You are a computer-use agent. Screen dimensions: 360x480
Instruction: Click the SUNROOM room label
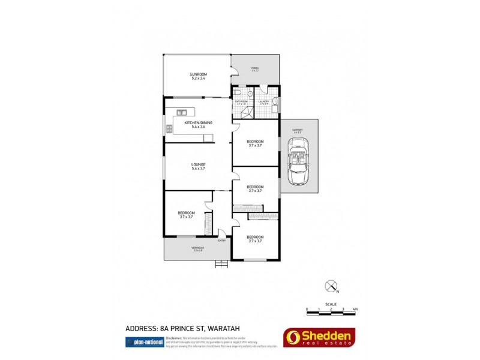click(x=198, y=74)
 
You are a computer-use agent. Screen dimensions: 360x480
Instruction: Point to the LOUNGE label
click(x=198, y=164)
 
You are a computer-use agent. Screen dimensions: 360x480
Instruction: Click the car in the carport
click(x=298, y=160)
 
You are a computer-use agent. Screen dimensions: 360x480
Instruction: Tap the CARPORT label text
click(x=298, y=130)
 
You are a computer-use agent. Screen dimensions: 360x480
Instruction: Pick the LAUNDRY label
click(x=263, y=101)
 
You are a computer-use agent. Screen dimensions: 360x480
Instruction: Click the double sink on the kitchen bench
click(x=182, y=112)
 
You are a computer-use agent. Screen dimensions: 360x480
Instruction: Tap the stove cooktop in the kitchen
click(x=169, y=128)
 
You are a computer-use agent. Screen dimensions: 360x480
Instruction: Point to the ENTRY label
click(x=222, y=241)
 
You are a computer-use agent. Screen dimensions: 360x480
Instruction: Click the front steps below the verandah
click(x=222, y=263)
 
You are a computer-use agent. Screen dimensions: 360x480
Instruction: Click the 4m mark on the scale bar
click(x=355, y=310)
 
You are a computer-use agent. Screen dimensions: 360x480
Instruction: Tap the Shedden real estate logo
click(x=319, y=338)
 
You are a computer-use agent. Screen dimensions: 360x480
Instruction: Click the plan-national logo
click(x=142, y=342)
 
